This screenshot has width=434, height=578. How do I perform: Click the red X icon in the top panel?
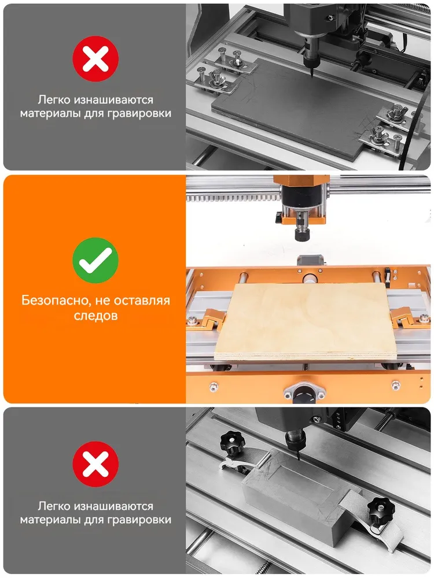95,58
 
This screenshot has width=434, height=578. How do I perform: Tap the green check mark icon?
95,260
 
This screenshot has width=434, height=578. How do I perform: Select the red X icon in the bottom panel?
95,464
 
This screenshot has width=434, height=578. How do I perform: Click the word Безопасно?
55,301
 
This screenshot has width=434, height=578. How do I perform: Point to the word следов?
95,316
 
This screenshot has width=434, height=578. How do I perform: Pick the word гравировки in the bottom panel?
140,520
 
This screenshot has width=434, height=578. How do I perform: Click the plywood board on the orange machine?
306,321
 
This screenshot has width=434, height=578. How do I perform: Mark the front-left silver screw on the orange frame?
214,387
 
